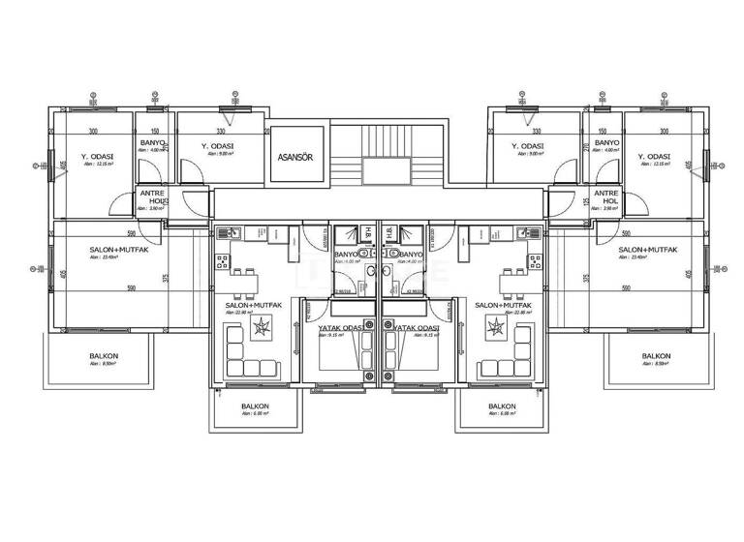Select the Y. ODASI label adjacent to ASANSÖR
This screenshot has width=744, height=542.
click(x=218, y=147)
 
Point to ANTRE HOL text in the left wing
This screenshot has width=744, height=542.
click(x=151, y=196)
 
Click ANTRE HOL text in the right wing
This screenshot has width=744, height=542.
click(x=606, y=196)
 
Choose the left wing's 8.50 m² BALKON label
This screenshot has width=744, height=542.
click(x=104, y=356)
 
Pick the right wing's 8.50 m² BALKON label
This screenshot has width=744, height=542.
click(x=656, y=356)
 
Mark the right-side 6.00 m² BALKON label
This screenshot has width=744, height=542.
click(x=501, y=406)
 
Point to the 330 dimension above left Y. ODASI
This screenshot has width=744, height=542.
click(x=221, y=132)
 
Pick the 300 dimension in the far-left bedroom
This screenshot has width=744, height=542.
click(x=94, y=132)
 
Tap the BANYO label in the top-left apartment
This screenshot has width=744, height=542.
click(x=153, y=143)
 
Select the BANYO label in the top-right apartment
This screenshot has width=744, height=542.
click(x=606, y=143)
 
